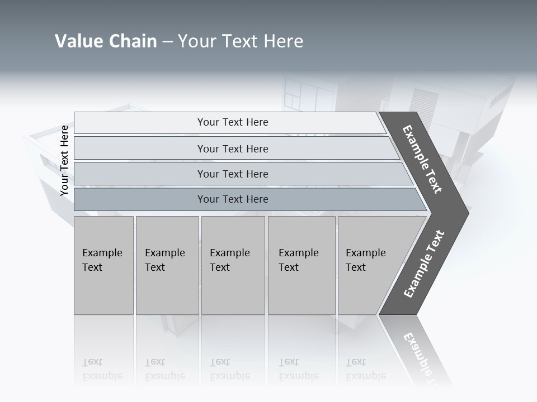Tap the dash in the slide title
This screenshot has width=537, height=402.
pos(167,41)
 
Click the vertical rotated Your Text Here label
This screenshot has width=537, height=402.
pos(64,161)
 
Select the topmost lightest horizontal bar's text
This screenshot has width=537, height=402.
pos(233,122)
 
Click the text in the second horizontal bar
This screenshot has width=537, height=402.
pos(233,149)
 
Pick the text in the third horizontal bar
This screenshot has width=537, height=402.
pos(233,174)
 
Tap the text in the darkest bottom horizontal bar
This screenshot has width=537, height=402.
pos(233,199)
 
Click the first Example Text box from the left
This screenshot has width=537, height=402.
pos(103,260)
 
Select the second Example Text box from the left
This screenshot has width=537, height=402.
pos(166,260)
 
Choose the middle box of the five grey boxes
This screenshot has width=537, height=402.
pos(232,260)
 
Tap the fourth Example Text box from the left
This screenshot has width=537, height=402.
pos(301,260)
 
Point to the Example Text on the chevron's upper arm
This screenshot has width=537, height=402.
pos(422,159)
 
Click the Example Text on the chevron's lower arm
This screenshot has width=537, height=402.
pos(424,264)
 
